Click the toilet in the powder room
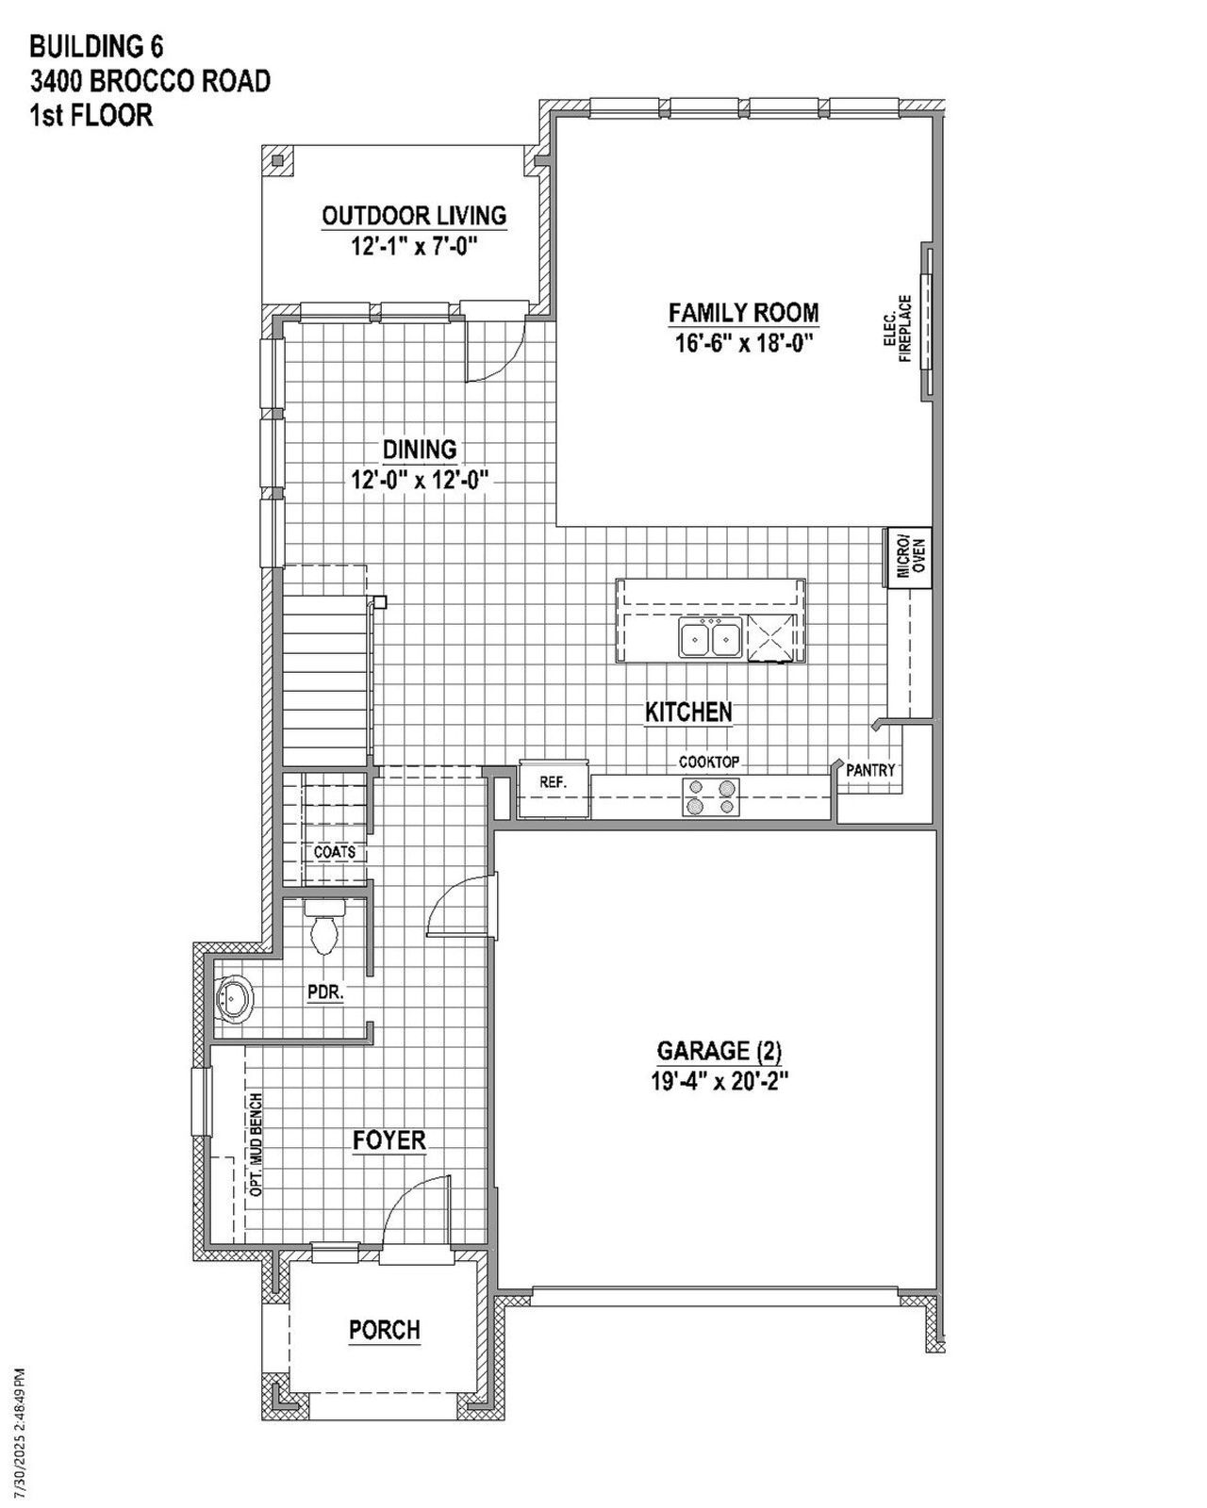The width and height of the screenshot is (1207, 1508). click(324, 928)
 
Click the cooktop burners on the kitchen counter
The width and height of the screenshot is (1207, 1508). click(711, 796)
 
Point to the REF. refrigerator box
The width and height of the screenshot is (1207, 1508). click(553, 782)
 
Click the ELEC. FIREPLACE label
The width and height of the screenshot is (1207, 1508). click(897, 329)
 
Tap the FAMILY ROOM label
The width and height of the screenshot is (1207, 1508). click(743, 312)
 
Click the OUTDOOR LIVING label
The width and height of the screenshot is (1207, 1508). click(414, 216)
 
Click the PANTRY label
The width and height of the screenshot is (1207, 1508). click(869, 770)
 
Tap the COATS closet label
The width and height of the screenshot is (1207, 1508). click(335, 852)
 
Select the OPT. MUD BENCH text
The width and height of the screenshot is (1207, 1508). click(256, 1145)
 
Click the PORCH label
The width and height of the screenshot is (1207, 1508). click(385, 1330)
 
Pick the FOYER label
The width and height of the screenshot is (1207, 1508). click(389, 1140)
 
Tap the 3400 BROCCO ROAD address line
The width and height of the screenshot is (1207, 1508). click(150, 82)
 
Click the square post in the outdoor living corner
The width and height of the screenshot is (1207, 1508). click(277, 161)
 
